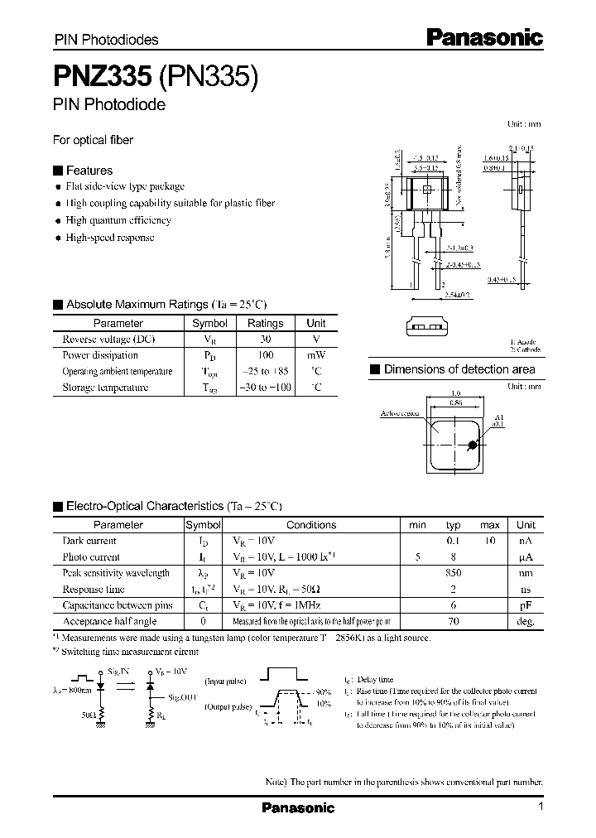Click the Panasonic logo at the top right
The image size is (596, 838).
tap(484, 37)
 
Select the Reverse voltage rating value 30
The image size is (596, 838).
tap(265, 340)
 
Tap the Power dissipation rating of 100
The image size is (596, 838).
tap(265, 355)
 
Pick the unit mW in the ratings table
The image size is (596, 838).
tap(315, 355)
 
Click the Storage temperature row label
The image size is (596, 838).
tap(106, 388)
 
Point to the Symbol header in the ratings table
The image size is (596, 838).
tap(209, 323)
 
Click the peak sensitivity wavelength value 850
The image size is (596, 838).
tap(453, 573)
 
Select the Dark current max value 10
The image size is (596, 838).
tap(490, 541)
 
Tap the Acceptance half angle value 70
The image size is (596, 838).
tap(453, 621)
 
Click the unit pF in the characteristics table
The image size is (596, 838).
tap(526, 605)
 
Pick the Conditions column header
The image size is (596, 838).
tap(311, 525)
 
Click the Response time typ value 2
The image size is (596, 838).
tap(453, 589)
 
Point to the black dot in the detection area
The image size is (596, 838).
tap(473, 445)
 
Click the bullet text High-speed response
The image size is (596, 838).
tap(110, 238)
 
